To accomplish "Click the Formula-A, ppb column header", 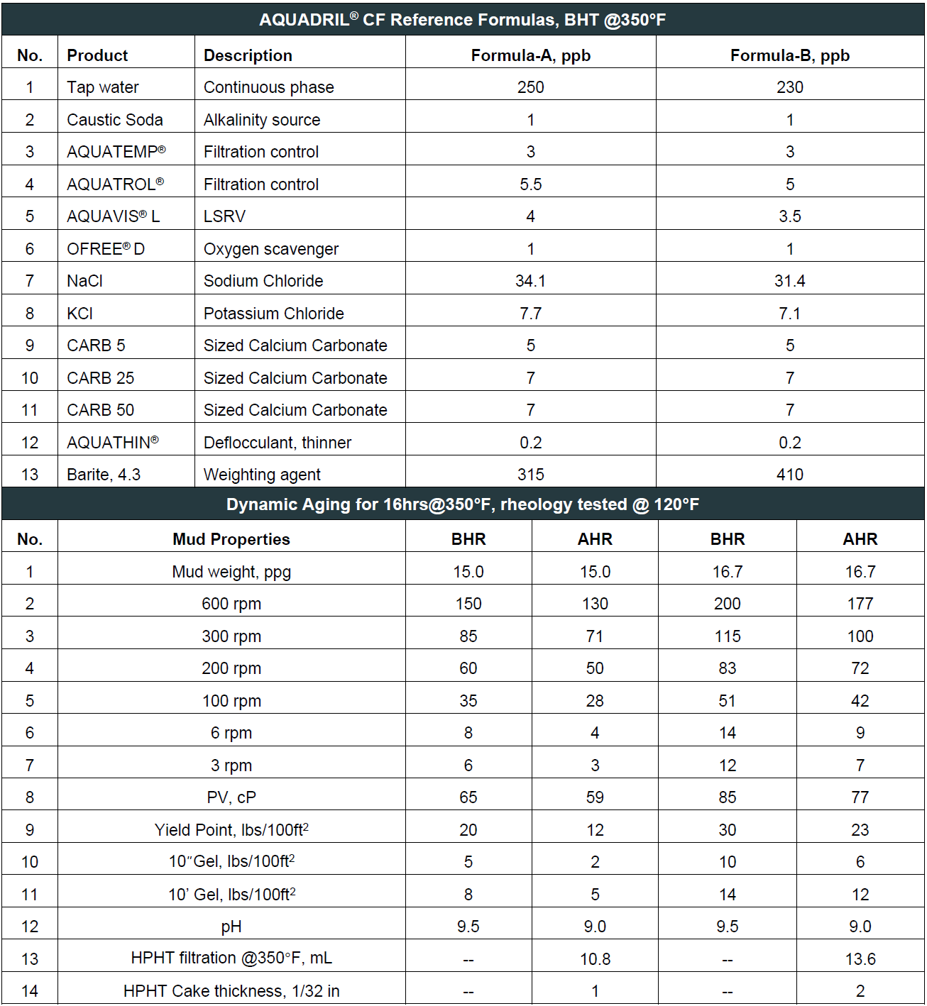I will [x=530, y=55].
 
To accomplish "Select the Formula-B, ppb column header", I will [x=789, y=55].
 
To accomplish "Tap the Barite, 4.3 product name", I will [x=104, y=475].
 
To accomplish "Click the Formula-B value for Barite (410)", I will [x=789, y=475].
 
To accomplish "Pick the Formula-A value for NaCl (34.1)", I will [x=530, y=281].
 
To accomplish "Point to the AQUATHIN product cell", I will [x=112, y=443].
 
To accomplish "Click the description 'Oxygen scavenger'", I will [x=270, y=249].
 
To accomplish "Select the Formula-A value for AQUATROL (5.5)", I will [x=530, y=184].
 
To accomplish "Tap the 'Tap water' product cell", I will [x=103, y=87].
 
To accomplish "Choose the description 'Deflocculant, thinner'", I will [x=277, y=443].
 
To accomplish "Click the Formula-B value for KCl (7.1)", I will [x=789, y=314].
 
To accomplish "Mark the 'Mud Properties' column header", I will [x=231, y=539].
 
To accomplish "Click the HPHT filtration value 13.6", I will [x=860, y=959].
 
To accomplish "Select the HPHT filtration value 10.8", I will [x=595, y=959].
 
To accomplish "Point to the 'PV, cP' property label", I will [x=231, y=797].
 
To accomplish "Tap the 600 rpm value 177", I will [x=860, y=604].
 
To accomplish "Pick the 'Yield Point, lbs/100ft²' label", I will [x=231, y=830].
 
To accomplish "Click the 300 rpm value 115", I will [x=727, y=636].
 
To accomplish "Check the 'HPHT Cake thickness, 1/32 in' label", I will [x=231, y=991].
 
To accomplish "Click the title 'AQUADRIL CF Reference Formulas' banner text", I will [x=462, y=19].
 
